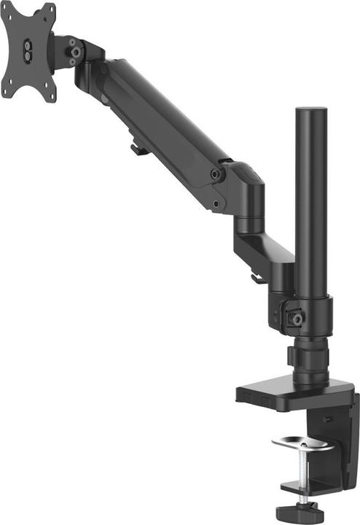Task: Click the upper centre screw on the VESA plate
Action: click(x=28, y=45)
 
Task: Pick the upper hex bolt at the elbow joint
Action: click(x=215, y=174)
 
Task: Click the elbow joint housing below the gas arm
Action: click(x=244, y=193)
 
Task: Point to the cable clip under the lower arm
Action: click(x=256, y=278)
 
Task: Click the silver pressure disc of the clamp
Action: click(x=300, y=442)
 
